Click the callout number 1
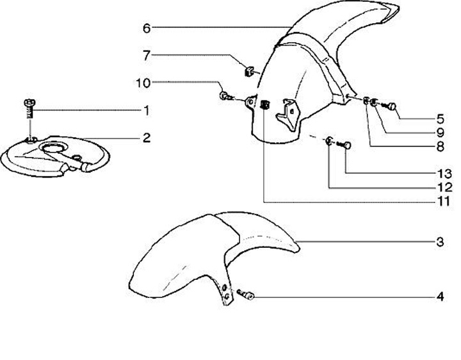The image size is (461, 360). click(x=147, y=111)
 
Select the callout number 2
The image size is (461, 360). click(x=147, y=137)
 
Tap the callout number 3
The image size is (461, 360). click(x=440, y=242)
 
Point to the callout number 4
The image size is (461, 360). click(x=440, y=297)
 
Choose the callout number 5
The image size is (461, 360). click(x=440, y=119)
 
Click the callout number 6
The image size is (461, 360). click(x=147, y=28)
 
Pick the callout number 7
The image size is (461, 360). click(x=147, y=56)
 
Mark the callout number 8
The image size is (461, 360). click(x=440, y=147)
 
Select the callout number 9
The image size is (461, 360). click(x=440, y=133)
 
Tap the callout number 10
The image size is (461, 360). click(x=142, y=82)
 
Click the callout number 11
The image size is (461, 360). click(x=440, y=200)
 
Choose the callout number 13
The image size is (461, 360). click(x=440, y=173)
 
